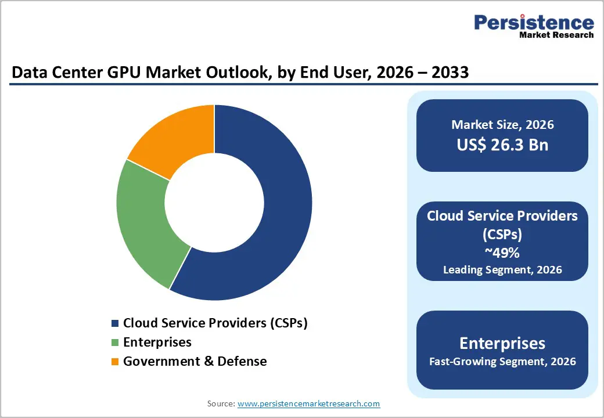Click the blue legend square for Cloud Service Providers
(x=115, y=323)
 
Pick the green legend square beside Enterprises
(x=115, y=343)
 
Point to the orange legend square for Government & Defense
(x=115, y=362)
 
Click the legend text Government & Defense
(x=195, y=361)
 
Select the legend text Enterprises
(x=157, y=342)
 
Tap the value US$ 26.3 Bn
(x=502, y=145)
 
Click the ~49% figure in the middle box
(x=502, y=254)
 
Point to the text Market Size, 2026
(x=502, y=125)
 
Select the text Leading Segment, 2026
(x=502, y=269)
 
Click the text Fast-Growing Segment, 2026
(x=502, y=362)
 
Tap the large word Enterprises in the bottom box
(x=502, y=343)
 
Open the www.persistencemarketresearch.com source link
(x=308, y=403)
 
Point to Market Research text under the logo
(x=556, y=35)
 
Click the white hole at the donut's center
(x=214, y=203)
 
